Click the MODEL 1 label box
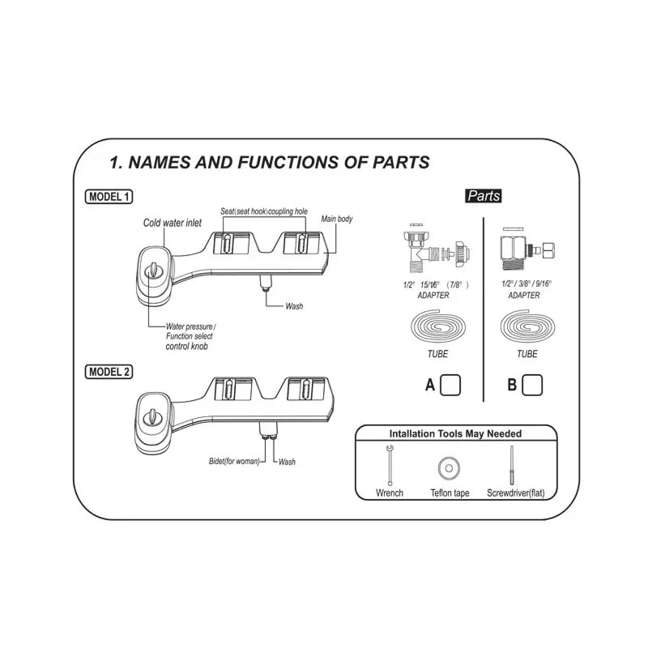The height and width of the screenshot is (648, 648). point(109,196)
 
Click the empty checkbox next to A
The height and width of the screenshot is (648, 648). point(450,385)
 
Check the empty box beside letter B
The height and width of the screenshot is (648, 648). point(532,385)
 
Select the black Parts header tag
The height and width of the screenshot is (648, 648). point(484,195)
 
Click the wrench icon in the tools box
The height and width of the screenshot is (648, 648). point(390,465)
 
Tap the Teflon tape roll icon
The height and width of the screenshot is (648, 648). point(446,467)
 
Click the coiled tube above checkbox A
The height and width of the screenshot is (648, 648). point(436,328)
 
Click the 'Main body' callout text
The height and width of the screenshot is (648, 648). point(337,219)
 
